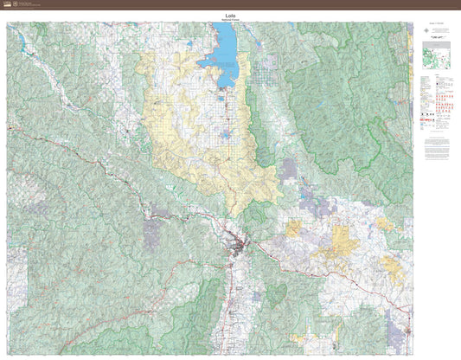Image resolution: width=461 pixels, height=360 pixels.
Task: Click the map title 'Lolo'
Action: tap(230, 15)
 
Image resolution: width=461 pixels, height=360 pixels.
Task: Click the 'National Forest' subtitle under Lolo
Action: tap(230, 19)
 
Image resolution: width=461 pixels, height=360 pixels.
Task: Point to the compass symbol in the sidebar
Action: tap(426, 31)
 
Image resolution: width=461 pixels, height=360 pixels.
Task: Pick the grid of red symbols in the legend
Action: tap(442, 106)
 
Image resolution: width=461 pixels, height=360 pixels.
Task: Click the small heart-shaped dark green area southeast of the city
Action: tap(275, 293)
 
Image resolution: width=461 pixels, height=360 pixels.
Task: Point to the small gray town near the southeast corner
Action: tap(398, 332)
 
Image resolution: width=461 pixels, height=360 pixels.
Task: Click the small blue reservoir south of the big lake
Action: tap(226, 134)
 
